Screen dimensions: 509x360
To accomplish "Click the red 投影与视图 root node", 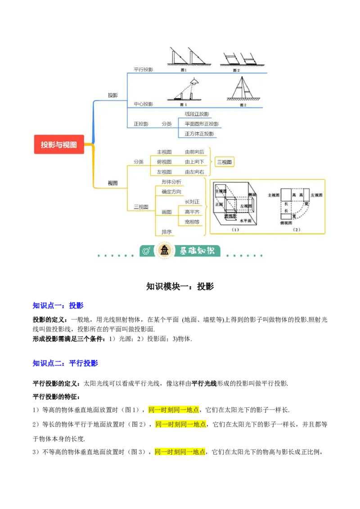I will click(59, 145).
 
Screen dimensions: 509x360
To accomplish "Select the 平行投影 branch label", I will click(143, 70).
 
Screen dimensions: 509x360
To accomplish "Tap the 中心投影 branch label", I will click(143, 104).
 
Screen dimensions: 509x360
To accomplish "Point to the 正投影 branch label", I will click(141, 124).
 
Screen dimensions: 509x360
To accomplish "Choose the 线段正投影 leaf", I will click(197, 114).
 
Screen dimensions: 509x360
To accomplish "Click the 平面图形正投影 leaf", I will click(202, 124).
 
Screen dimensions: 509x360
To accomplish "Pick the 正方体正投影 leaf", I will click(199, 134).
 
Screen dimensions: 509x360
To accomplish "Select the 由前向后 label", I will click(194, 152).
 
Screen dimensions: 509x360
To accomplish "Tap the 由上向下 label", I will click(194, 162).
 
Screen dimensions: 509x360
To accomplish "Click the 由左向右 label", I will click(194, 172).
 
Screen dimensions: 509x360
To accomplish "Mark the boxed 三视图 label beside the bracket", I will click(225, 162).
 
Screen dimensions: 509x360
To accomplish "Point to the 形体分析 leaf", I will click(171, 182).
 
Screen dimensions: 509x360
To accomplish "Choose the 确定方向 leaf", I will click(171, 192).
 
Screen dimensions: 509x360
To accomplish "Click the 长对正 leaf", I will click(192, 202).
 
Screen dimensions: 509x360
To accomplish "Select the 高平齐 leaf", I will click(192, 212).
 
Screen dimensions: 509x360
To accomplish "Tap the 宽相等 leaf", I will click(192, 222).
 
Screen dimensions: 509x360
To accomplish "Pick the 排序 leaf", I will click(166, 232).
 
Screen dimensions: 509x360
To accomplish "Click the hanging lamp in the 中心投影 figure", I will click(194, 81).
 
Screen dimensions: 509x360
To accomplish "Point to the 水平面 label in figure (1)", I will click(245, 221).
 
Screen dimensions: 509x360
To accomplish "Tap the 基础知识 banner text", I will click(197, 251).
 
